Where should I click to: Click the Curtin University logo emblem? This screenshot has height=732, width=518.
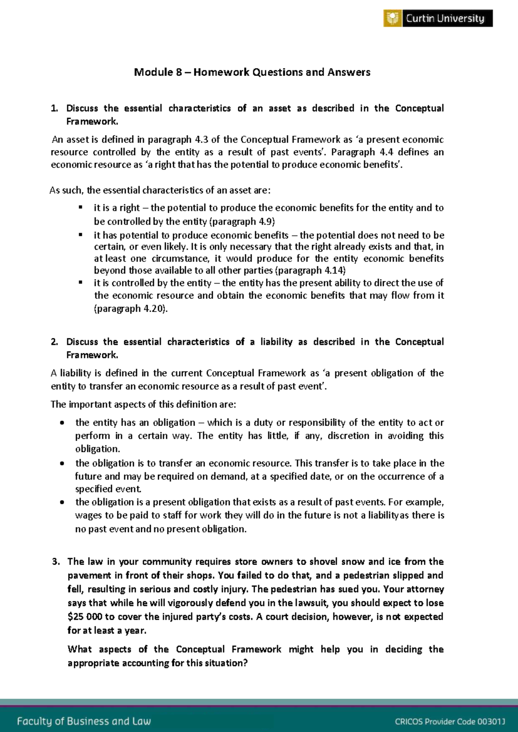[392, 19]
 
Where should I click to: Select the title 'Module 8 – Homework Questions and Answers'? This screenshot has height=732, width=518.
[252, 72]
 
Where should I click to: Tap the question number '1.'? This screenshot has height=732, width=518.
[54, 108]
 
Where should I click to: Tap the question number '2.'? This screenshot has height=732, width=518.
[54, 342]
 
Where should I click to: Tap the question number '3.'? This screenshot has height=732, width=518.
[55, 562]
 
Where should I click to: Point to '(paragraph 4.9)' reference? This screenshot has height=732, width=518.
[242, 221]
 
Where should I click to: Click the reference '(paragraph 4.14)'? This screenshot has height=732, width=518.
[310, 271]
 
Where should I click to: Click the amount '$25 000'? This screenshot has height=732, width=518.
[85, 617]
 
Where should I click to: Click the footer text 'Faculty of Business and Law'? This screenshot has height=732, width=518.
[84, 721]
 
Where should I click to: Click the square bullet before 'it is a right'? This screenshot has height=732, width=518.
[80, 208]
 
